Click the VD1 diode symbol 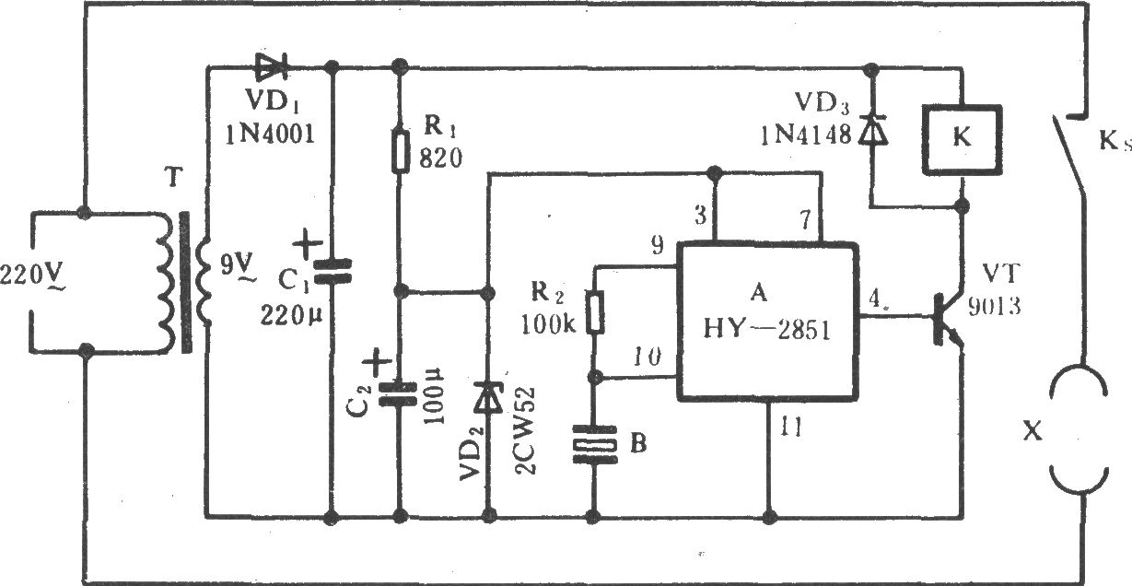pos(272,66)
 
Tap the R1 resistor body pos(401,152)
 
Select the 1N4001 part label pos(270,135)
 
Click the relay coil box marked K pos(962,139)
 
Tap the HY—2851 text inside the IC pos(767,330)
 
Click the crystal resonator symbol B pos(594,444)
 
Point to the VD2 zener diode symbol pos(488,398)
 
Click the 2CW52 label pos(526,431)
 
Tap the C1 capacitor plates pos(332,271)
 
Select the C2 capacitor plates pos(398,394)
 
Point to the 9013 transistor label pos(994,307)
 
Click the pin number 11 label pos(791,427)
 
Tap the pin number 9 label pos(657,246)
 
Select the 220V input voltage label pos(32,277)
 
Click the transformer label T pos(173,178)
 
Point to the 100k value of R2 pos(548,324)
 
